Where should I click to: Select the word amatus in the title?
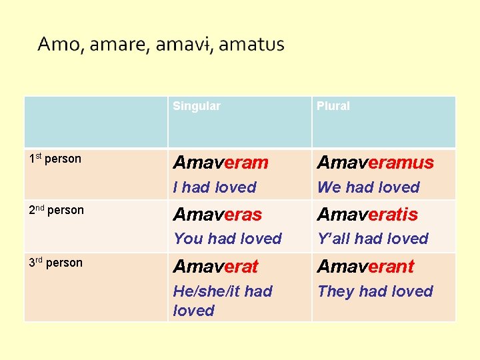[x=251, y=45]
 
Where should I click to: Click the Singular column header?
[x=197, y=106]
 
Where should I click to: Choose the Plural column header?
[x=333, y=106]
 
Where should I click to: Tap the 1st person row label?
[x=55, y=159]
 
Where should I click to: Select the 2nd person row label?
[x=57, y=210]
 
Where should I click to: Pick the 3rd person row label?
[x=56, y=263]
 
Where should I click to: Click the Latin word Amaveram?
[x=221, y=163]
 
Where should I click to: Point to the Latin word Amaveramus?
[x=375, y=163]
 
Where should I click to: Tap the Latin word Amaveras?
[x=217, y=215]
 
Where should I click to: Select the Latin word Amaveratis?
[x=367, y=215]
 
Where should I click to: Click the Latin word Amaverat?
[x=215, y=267]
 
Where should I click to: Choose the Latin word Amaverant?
[x=365, y=267]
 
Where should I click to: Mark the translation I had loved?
[x=215, y=187]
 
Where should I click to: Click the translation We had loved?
[x=369, y=187]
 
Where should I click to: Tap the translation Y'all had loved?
[x=373, y=238]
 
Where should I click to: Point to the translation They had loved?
[x=375, y=291]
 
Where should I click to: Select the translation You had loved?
[x=227, y=238]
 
